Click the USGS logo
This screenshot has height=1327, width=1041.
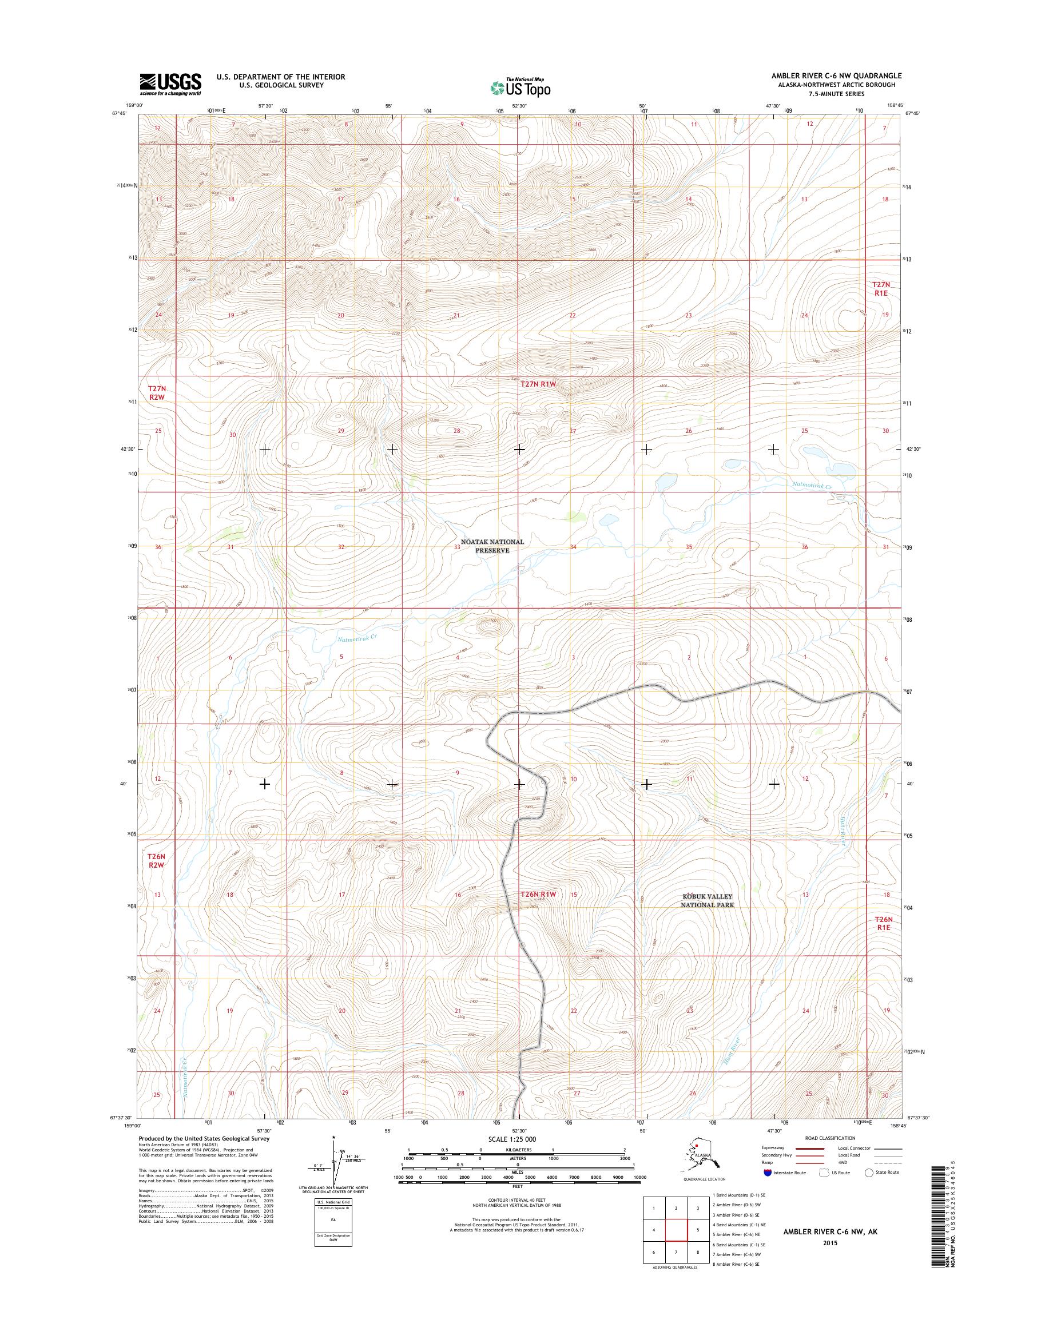(170, 85)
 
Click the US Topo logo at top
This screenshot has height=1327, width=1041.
(520, 88)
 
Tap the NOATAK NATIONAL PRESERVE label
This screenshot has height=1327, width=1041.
(492, 546)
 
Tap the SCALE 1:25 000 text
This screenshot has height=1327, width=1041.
(512, 1139)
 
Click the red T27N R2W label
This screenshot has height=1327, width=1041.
(157, 392)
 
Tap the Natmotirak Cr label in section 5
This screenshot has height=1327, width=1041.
(357, 638)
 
